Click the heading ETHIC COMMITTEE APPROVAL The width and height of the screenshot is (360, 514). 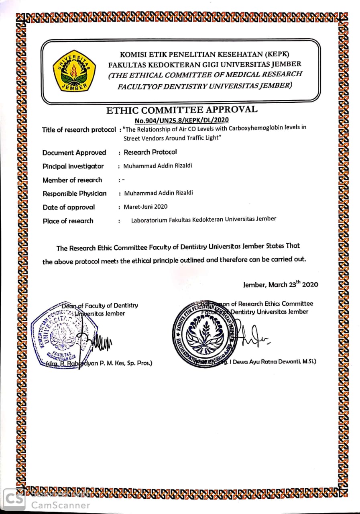click(182, 110)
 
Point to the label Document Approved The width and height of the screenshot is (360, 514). click(74, 153)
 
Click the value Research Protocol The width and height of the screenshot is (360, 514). click(150, 152)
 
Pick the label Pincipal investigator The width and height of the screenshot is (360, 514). click(73, 166)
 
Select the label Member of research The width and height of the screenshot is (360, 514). click(72, 180)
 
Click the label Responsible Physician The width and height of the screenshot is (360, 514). click(75, 194)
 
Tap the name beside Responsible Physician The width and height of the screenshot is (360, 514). click(159, 193)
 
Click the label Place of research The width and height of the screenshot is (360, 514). click(68, 221)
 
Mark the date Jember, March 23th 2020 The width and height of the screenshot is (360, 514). click(281, 285)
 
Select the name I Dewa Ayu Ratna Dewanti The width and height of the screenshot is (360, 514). click(273, 361)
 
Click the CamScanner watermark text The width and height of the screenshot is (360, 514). click(61, 505)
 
